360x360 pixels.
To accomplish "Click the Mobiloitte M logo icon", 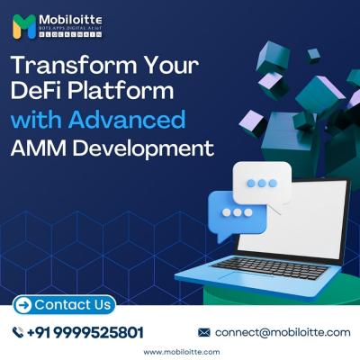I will pos(24,26).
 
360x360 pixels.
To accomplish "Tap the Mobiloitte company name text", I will pos(69,21).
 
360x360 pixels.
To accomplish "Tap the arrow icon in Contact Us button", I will pos(23,304).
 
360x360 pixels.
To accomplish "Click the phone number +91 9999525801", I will pos(85,332).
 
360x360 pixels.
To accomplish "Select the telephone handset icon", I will pos(17,332).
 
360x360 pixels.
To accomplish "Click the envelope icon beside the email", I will pos(204,332).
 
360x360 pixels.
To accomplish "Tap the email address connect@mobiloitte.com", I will pos(283,332).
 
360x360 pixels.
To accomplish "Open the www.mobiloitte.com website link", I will pos(180,352).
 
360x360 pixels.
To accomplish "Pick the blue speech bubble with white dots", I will pos(237,213).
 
